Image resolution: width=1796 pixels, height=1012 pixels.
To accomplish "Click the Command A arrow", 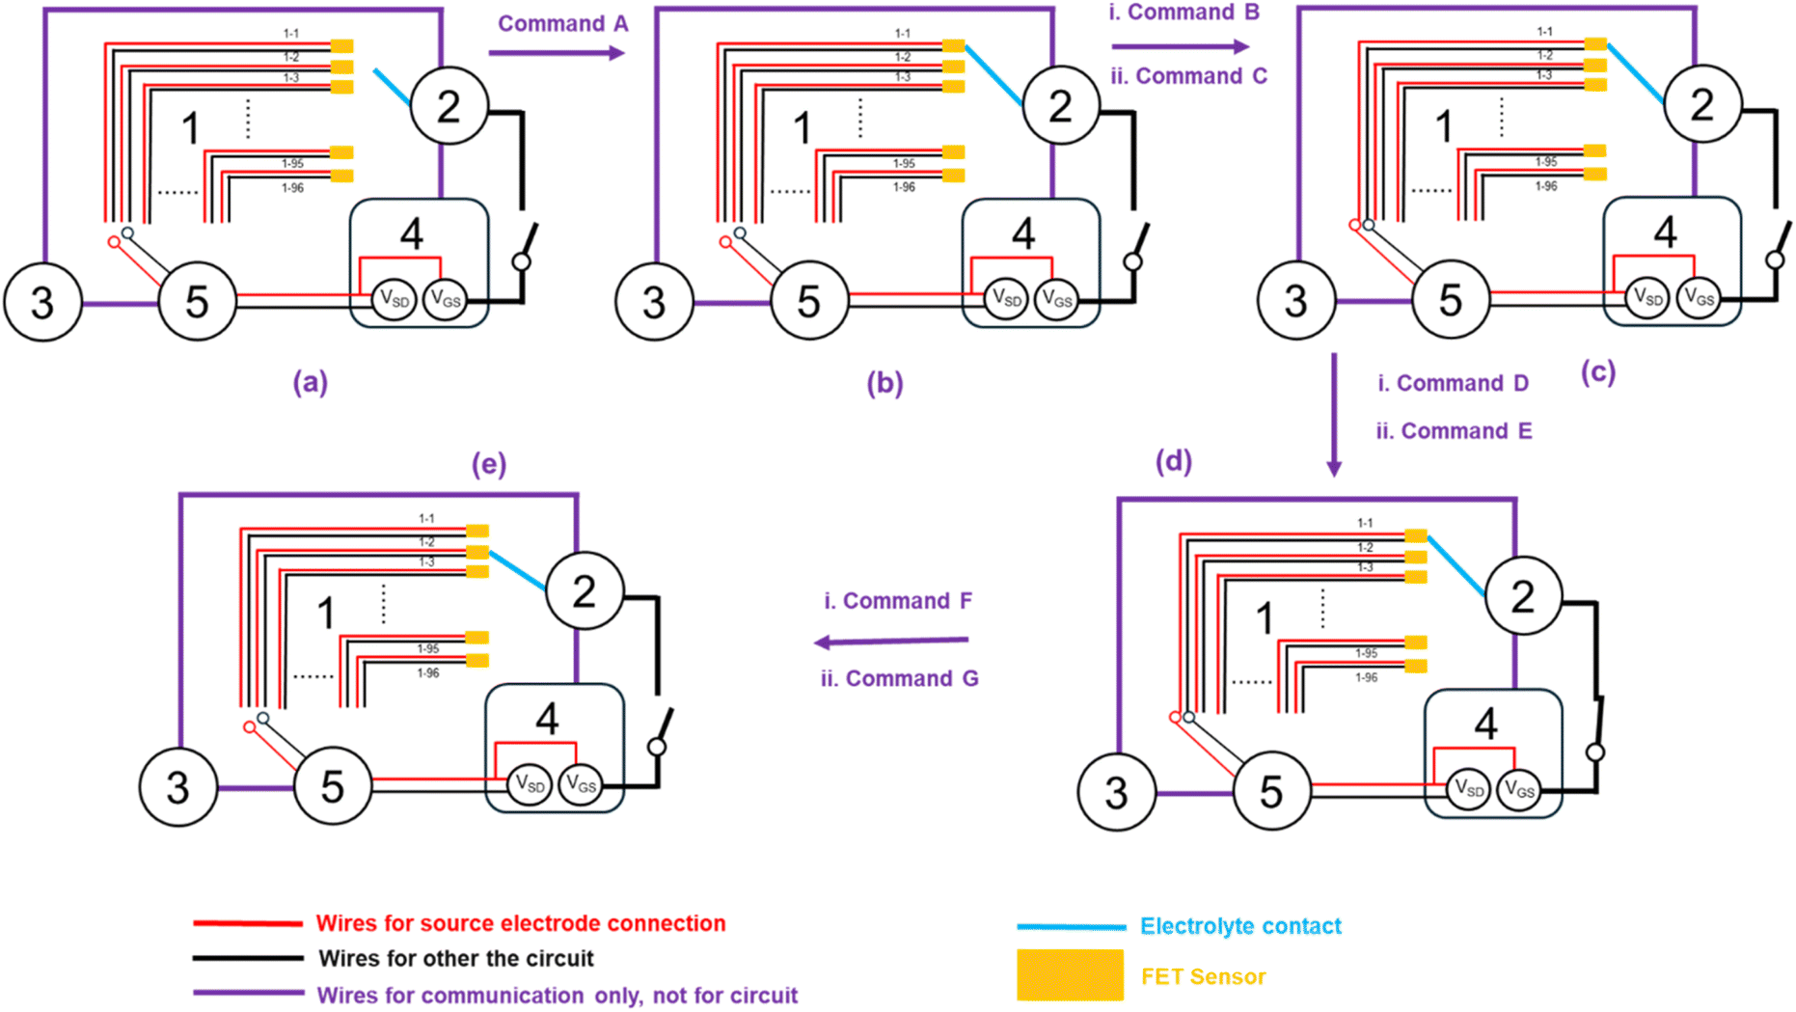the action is [x=557, y=52].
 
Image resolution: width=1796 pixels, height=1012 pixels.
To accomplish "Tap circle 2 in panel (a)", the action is [x=449, y=106].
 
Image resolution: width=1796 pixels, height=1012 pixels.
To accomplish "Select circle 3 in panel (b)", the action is [x=654, y=302].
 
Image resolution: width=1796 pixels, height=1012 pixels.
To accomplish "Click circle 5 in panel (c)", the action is [x=1450, y=300].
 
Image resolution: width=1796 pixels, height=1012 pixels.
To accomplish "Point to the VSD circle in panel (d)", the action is [x=1468, y=790].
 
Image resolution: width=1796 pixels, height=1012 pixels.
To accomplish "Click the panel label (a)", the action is [x=310, y=383].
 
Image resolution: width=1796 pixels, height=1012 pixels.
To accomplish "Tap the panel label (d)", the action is [x=1173, y=461].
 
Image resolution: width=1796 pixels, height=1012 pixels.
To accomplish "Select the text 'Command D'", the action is [x=1462, y=383].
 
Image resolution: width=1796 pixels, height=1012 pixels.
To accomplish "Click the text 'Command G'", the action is [x=912, y=678].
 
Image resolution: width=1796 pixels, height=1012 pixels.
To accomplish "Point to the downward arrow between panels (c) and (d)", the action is [x=1334, y=415].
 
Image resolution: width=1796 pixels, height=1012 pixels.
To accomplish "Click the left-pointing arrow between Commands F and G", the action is [x=891, y=642].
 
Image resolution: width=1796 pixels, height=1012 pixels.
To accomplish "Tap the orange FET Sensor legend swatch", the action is [x=1070, y=974].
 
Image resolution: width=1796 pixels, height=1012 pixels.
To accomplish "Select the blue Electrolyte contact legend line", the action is [x=1071, y=927].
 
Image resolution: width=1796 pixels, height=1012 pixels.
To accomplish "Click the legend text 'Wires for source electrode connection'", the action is [x=521, y=923].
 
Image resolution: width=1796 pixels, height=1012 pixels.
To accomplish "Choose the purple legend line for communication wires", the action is [x=248, y=993].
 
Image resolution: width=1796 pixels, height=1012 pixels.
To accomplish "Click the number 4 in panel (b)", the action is [x=1022, y=233].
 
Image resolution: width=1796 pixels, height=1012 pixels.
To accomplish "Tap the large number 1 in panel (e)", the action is [x=326, y=613].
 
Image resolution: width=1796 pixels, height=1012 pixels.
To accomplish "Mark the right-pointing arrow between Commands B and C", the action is [x=1180, y=46].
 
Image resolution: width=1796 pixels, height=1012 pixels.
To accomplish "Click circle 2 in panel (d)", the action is [x=1523, y=596].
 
